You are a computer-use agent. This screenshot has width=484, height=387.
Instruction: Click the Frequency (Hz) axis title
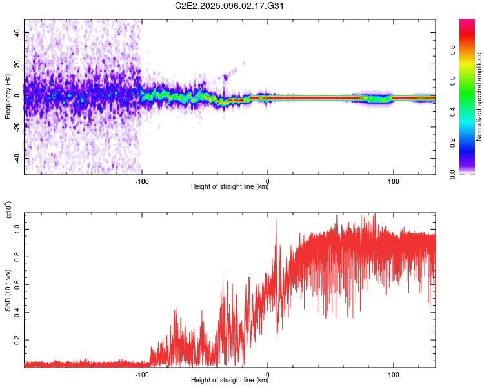(8, 97)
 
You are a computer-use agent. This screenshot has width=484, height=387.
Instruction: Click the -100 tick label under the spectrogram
(142, 181)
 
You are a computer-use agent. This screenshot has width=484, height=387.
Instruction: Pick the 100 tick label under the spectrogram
(394, 181)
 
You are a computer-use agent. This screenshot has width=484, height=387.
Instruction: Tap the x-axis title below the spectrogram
(230, 188)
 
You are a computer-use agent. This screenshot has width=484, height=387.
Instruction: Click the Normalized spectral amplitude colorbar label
(479, 97)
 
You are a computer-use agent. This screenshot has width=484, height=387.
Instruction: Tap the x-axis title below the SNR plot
(230, 381)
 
